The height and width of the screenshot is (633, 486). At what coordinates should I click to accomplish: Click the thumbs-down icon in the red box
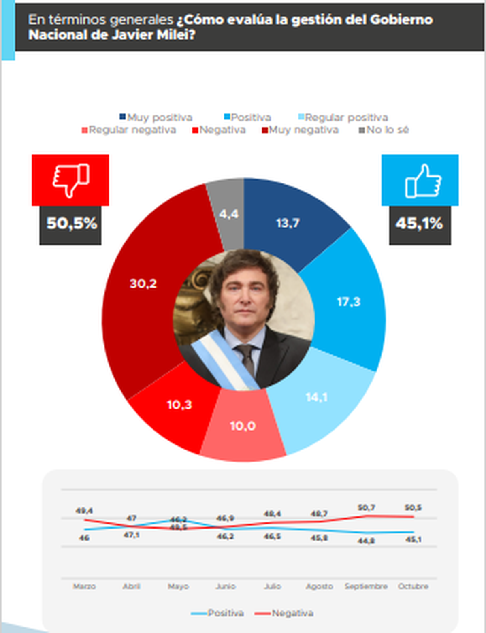(71, 180)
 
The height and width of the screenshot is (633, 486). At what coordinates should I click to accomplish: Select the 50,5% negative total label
(71, 224)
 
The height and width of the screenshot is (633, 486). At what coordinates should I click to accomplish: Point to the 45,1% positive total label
(419, 224)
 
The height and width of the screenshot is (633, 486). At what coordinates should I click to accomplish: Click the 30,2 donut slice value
(143, 283)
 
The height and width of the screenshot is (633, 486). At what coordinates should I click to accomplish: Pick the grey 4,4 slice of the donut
(229, 214)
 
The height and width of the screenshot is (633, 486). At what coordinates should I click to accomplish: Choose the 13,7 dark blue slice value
(288, 223)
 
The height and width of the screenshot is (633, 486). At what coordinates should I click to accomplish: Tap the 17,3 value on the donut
(349, 302)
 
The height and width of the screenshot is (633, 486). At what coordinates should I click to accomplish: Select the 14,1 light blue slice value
(316, 397)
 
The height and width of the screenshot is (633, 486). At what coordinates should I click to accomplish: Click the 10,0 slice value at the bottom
(243, 426)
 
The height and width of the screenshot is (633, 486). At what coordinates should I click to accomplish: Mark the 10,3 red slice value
(179, 405)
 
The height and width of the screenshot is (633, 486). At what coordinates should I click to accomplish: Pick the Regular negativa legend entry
(129, 130)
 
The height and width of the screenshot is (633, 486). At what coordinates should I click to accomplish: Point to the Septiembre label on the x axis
(366, 586)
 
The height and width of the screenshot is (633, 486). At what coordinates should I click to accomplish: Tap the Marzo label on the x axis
(84, 586)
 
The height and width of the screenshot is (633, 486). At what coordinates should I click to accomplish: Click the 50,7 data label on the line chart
(366, 507)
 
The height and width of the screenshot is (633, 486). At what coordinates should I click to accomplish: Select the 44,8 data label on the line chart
(366, 541)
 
